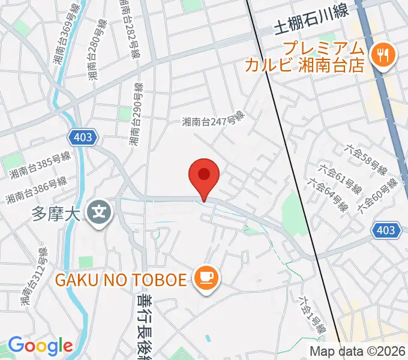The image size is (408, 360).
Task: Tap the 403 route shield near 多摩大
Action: [83, 137]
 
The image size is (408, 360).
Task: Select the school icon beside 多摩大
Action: [97, 211]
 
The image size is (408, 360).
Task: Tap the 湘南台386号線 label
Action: [36, 190]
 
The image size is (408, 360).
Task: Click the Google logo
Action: [40, 346]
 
